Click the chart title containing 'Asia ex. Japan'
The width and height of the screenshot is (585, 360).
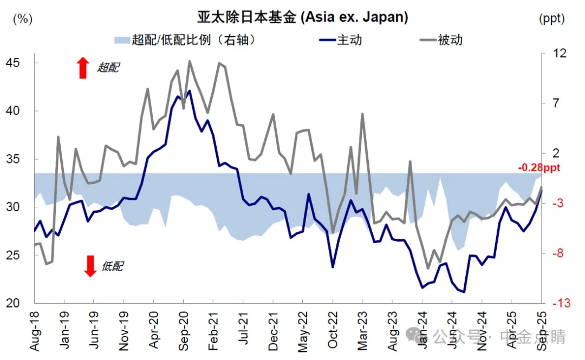point(302,17)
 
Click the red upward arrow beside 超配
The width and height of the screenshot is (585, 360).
point(82,68)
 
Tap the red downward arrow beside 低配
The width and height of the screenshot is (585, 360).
point(90,266)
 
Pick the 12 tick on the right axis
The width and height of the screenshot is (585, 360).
point(558,53)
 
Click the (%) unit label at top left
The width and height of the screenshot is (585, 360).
point(22,18)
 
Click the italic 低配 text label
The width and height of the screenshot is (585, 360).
point(112,266)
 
